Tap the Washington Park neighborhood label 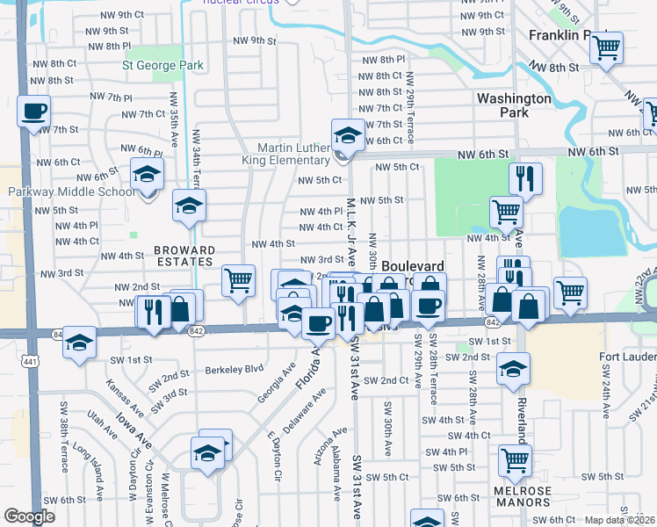514,105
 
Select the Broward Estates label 184,256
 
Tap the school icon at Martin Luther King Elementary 349,135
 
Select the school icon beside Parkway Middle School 148,174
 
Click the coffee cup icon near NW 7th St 33,112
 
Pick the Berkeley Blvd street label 235,370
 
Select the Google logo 29,516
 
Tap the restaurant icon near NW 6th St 525,178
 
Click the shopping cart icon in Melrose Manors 515,460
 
